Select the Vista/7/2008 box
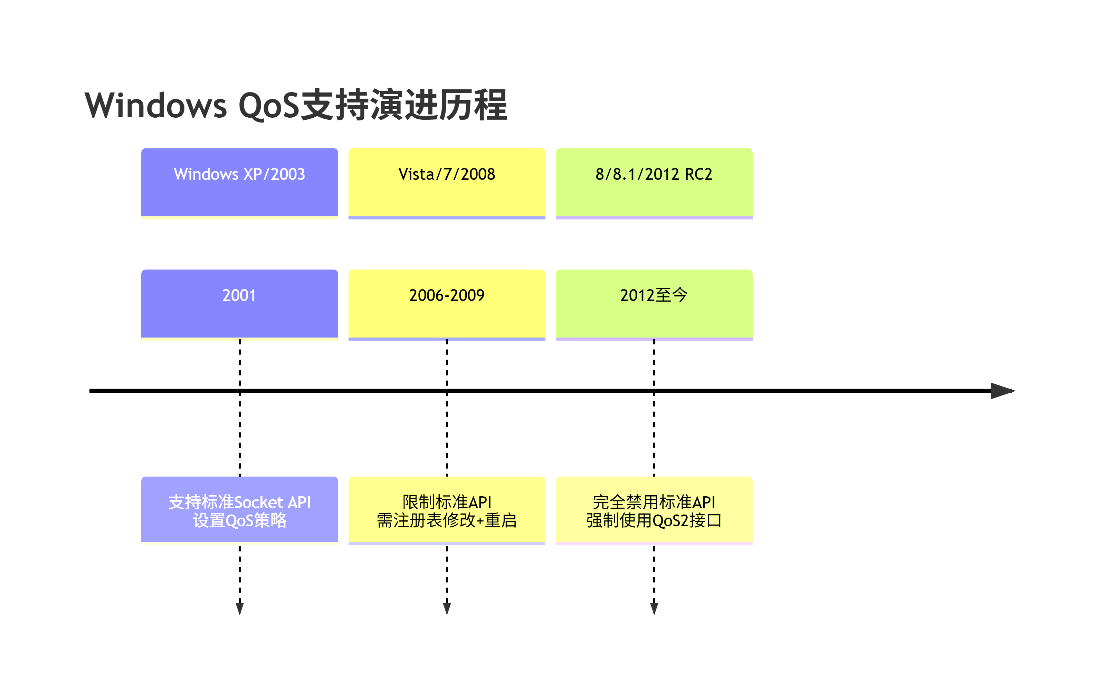coord(447,183)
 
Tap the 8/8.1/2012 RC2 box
coord(654,183)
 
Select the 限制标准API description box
coord(447,510)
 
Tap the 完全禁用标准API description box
coord(654,510)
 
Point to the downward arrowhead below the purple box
coord(240,608)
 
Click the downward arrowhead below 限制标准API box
coord(447,608)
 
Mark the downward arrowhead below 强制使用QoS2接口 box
coord(654,608)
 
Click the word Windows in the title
coord(155,105)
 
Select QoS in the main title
coord(269,105)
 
